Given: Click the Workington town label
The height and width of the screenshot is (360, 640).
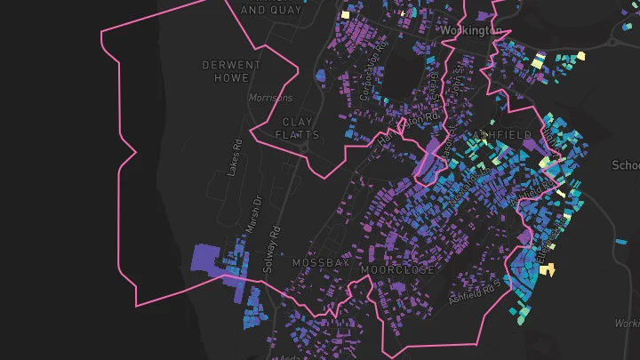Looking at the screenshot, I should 470,31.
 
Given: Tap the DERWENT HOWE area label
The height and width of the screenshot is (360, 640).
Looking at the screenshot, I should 231,72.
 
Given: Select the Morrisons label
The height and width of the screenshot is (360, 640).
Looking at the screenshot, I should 270,98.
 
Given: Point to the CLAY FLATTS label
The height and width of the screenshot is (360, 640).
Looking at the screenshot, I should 299,128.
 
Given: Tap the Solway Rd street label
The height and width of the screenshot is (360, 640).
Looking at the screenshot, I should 275,248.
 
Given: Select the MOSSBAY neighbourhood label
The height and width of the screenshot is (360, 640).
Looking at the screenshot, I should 320,264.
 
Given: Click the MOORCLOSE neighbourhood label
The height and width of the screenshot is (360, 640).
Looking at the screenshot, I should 397,268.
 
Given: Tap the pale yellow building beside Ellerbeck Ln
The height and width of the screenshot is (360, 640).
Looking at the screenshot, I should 548,269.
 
